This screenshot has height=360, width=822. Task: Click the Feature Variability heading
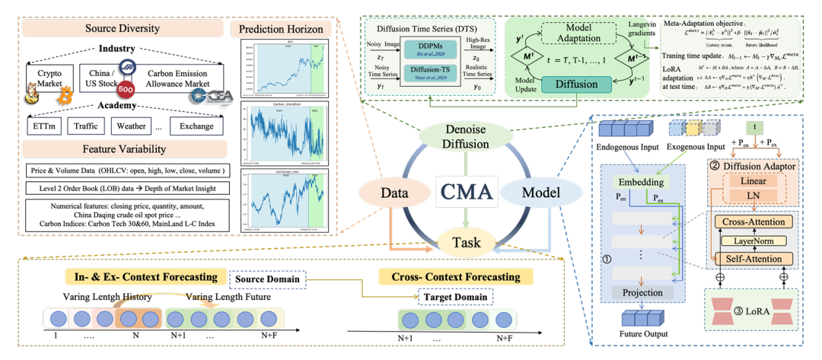[x=123, y=149]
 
